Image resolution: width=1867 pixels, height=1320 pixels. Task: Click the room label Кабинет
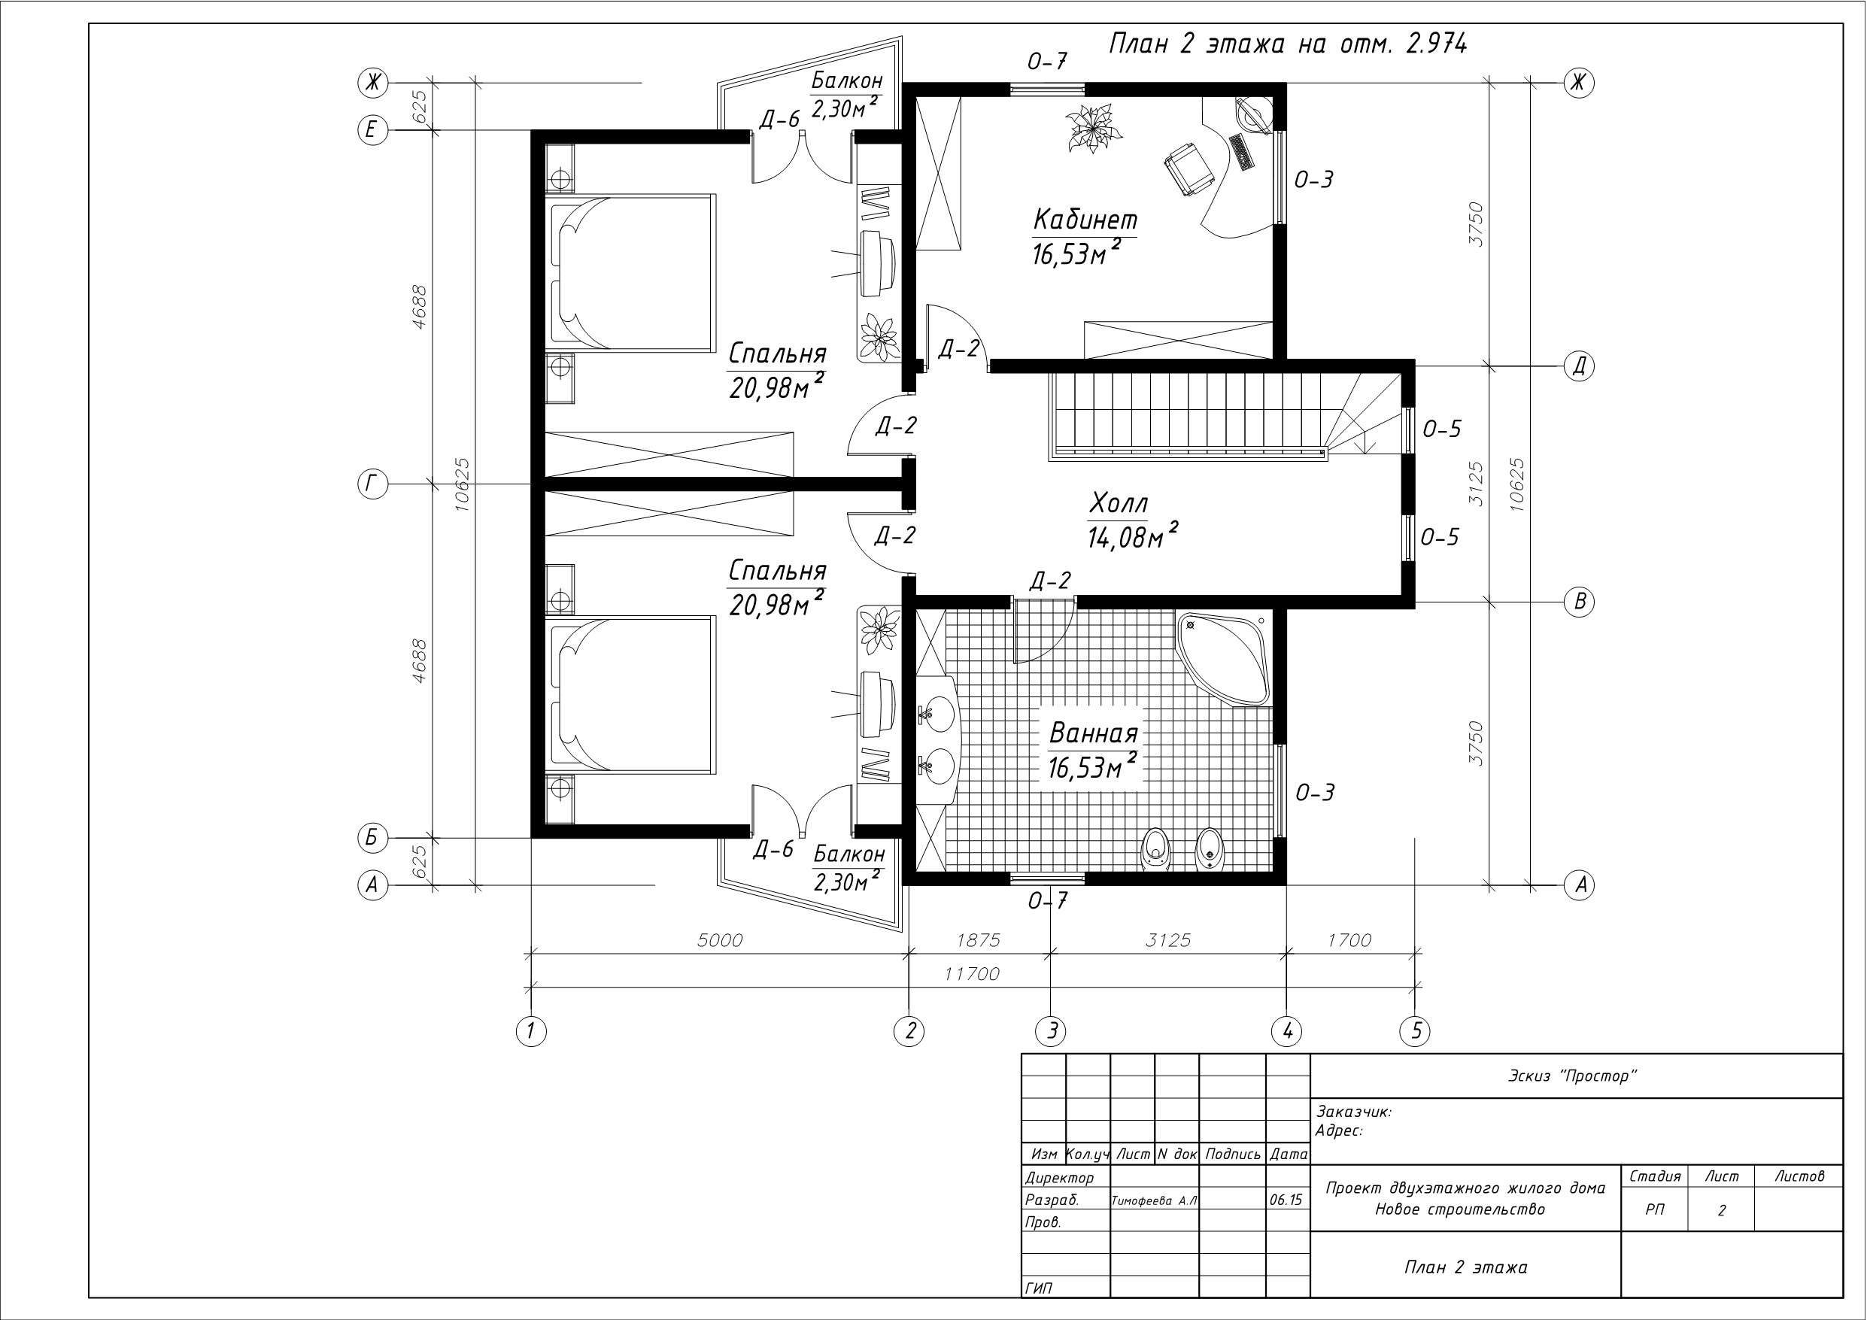1085,220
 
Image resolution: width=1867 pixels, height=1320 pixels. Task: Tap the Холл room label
1118,504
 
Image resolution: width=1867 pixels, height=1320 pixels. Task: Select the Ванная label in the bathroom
1093,733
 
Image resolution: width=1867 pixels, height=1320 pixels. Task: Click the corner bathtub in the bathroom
1222,658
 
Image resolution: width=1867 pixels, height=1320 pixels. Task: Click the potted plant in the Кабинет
1092,128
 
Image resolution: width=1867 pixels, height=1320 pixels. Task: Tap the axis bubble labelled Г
372,484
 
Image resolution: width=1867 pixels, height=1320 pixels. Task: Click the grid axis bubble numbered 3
1052,1031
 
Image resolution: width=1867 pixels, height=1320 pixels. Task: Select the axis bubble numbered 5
1416,1031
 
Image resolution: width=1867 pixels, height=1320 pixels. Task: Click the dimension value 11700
972,973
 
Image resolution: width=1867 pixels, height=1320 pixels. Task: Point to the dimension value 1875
977,940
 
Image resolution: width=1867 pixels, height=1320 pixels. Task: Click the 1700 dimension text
1349,940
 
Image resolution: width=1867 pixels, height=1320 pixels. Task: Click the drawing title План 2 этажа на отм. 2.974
1288,43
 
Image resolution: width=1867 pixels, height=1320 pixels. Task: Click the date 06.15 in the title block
1286,1200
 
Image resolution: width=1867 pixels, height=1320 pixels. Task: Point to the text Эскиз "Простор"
1573,1077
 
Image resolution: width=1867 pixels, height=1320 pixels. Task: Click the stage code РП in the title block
1655,1210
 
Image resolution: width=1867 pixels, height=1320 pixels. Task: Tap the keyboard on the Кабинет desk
1242,152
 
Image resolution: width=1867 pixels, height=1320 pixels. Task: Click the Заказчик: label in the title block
1353,1112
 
